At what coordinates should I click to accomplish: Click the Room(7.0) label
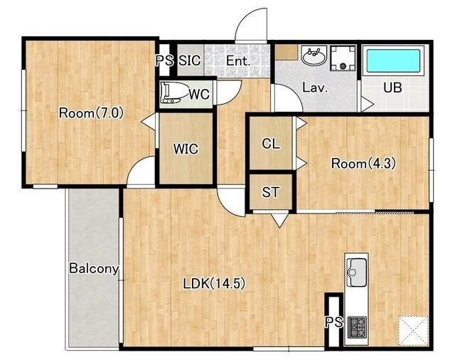[x=91, y=112]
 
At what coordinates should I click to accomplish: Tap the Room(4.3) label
[x=363, y=164]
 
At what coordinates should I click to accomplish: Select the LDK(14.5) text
[x=214, y=283]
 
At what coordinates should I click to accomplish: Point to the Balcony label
[x=95, y=268]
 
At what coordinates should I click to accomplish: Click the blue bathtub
[x=393, y=60]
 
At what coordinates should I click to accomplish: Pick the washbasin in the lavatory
[x=314, y=55]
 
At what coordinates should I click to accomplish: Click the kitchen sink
[x=357, y=272]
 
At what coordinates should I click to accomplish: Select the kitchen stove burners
[x=357, y=327]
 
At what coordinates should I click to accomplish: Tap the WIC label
[x=186, y=149]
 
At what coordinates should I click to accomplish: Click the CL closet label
[x=271, y=144]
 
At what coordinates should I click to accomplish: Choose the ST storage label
[x=270, y=192]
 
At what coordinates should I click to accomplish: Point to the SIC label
[x=190, y=60]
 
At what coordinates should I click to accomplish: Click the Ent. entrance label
[x=238, y=61]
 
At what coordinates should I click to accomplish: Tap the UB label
[x=392, y=88]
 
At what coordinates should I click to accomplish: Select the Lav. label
[x=315, y=88]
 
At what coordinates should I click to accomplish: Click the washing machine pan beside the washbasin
[x=343, y=58]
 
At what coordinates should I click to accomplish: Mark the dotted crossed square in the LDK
[x=413, y=331]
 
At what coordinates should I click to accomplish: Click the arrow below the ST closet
[x=279, y=220]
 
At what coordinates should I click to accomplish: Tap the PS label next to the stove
[x=333, y=322]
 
